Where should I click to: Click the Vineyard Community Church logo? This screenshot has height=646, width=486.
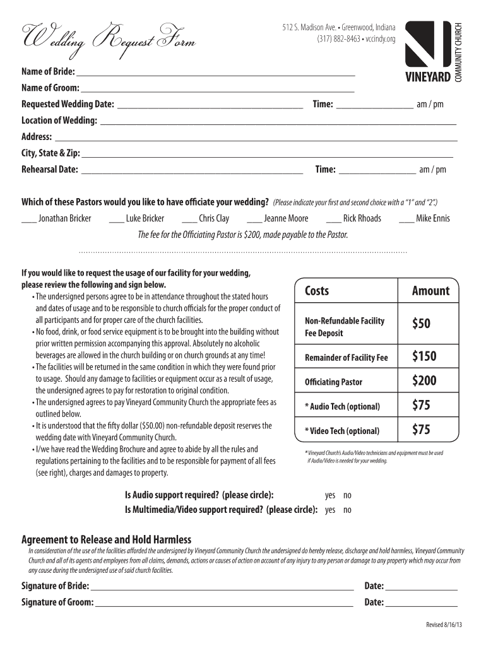tap(434, 52)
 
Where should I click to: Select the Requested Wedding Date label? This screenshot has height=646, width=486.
tap(68, 104)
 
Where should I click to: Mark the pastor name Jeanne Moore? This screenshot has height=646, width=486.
tap(286, 218)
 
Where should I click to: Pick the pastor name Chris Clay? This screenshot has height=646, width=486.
tap(214, 218)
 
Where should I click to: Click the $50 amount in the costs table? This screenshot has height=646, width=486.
tap(421, 324)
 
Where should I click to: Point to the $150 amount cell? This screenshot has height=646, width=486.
tap(424, 356)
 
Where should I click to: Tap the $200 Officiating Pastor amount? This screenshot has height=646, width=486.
tap(424, 380)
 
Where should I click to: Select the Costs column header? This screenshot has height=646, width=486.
tap(317, 291)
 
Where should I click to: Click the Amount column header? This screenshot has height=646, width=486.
tap(430, 291)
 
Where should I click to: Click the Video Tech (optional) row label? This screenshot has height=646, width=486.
tap(342, 431)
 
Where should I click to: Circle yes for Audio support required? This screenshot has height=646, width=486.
tap(330, 495)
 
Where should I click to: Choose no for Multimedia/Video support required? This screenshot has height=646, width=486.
tap(347, 510)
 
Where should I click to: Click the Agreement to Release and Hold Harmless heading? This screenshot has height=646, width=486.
tap(106, 539)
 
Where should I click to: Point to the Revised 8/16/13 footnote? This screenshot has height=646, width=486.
tap(444, 625)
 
